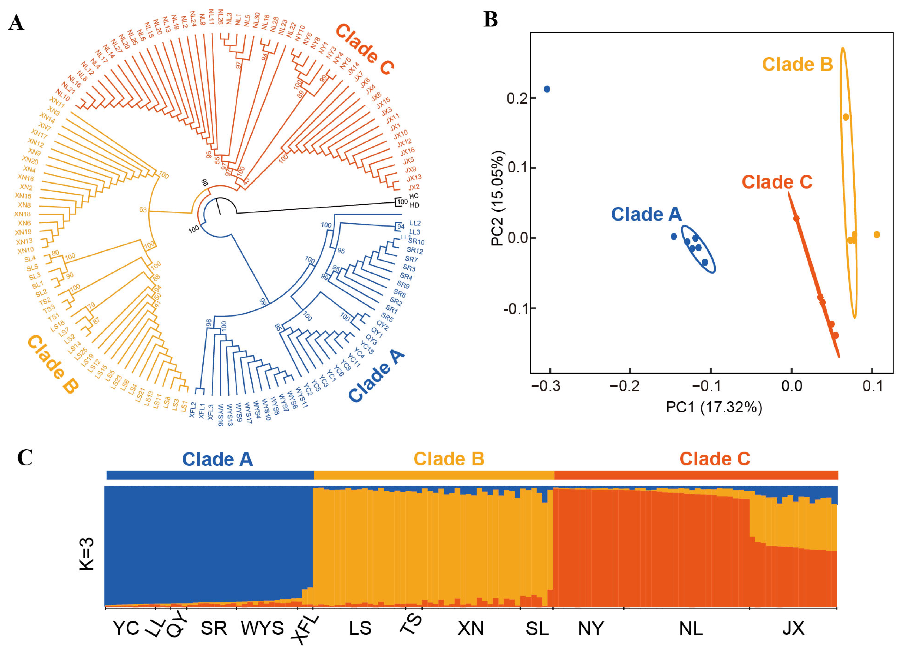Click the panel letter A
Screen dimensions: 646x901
point(16,23)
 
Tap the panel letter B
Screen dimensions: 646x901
point(491,19)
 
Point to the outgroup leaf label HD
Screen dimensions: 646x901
point(414,205)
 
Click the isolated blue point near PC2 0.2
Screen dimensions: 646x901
point(547,89)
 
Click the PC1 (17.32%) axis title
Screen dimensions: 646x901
point(714,407)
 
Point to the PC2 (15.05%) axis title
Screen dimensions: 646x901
point(497,198)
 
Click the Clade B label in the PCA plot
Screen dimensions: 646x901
point(797,64)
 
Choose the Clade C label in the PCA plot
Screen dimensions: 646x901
point(777,182)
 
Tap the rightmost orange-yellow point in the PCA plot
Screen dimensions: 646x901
point(877,235)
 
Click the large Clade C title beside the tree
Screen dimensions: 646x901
point(364,49)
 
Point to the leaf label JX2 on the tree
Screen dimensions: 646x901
point(414,187)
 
